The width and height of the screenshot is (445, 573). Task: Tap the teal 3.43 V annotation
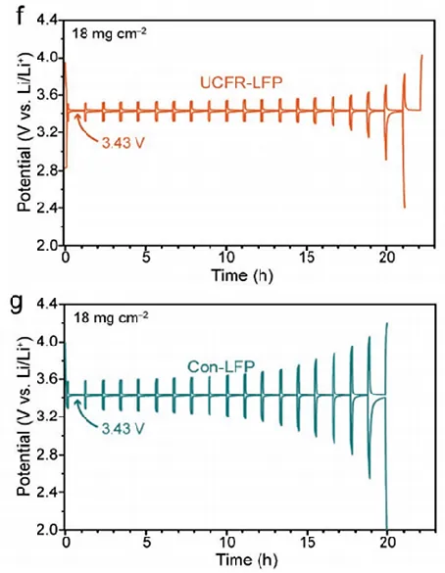(123, 426)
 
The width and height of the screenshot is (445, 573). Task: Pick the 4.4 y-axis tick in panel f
(45, 20)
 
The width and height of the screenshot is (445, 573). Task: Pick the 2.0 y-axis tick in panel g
(45, 530)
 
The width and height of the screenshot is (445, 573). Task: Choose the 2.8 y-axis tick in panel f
(45, 170)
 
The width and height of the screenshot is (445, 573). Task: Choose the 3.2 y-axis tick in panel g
(45, 417)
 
